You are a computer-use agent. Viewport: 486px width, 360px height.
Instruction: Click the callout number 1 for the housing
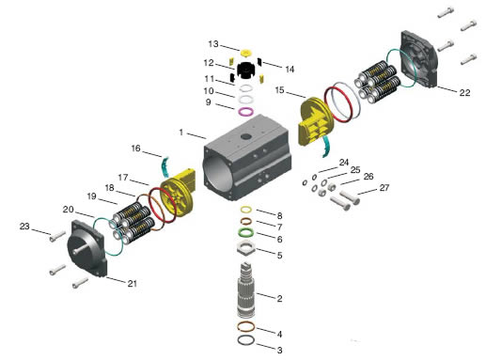[x=180, y=133]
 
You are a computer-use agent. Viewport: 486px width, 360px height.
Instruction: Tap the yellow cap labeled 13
[x=246, y=53]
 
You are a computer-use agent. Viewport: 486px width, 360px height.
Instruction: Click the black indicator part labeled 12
[x=246, y=70]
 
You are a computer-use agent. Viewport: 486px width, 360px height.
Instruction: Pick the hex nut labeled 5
[x=246, y=247]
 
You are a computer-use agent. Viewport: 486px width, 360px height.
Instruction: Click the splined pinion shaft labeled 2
[x=246, y=290]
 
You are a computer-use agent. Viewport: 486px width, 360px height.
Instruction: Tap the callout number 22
[x=464, y=92]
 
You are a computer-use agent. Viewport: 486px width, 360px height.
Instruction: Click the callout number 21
[x=133, y=283]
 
